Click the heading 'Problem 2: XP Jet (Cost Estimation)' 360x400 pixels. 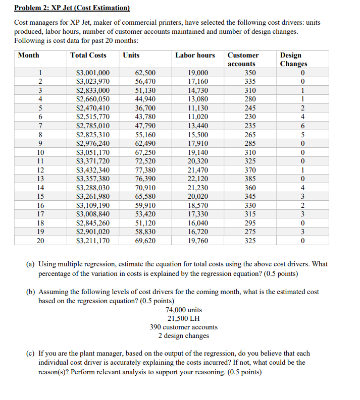(72, 8)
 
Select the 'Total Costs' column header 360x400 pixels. (88, 55)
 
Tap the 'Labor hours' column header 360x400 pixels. (195, 55)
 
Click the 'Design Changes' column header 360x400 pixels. (293, 60)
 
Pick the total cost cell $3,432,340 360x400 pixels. (93, 170)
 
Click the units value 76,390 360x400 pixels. (145, 179)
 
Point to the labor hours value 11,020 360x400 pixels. (197, 117)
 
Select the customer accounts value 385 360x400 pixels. (243, 179)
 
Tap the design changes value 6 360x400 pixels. (302, 126)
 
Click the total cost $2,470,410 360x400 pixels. (93, 108)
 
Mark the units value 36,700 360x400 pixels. (145, 108)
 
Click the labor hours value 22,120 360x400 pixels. (197, 179)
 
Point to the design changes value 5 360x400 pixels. (302, 135)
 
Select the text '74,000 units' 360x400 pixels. (184, 310)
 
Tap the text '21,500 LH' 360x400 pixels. (184, 318)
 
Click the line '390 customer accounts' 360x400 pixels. (184, 327)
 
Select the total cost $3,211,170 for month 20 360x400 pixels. (93, 241)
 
